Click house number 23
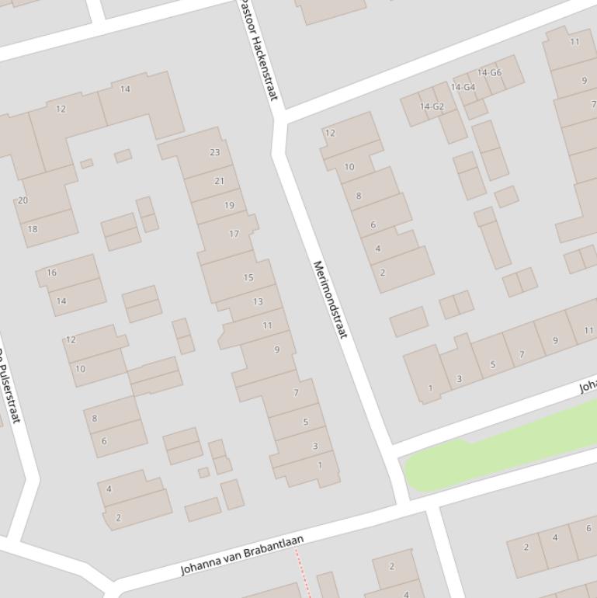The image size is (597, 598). point(215,152)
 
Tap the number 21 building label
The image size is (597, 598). point(219,181)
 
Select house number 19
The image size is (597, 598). point(229,206)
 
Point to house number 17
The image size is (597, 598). point(234,234)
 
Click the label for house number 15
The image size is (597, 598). point(248,277)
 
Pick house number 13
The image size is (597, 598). point(258,301)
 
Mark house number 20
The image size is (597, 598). point(23,200)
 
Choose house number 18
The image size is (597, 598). point(33,229)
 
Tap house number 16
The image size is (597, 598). point(52,273)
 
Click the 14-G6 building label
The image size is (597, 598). point(489,73)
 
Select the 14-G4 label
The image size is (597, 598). point(463,87)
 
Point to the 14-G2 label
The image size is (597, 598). point(432,106)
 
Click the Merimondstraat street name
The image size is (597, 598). point(329,299)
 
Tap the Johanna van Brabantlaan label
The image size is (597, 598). point(241,555)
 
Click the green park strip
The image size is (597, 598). point(497,450)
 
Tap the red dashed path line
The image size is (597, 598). point(303,575)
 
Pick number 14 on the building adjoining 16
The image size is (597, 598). point(61,301)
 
